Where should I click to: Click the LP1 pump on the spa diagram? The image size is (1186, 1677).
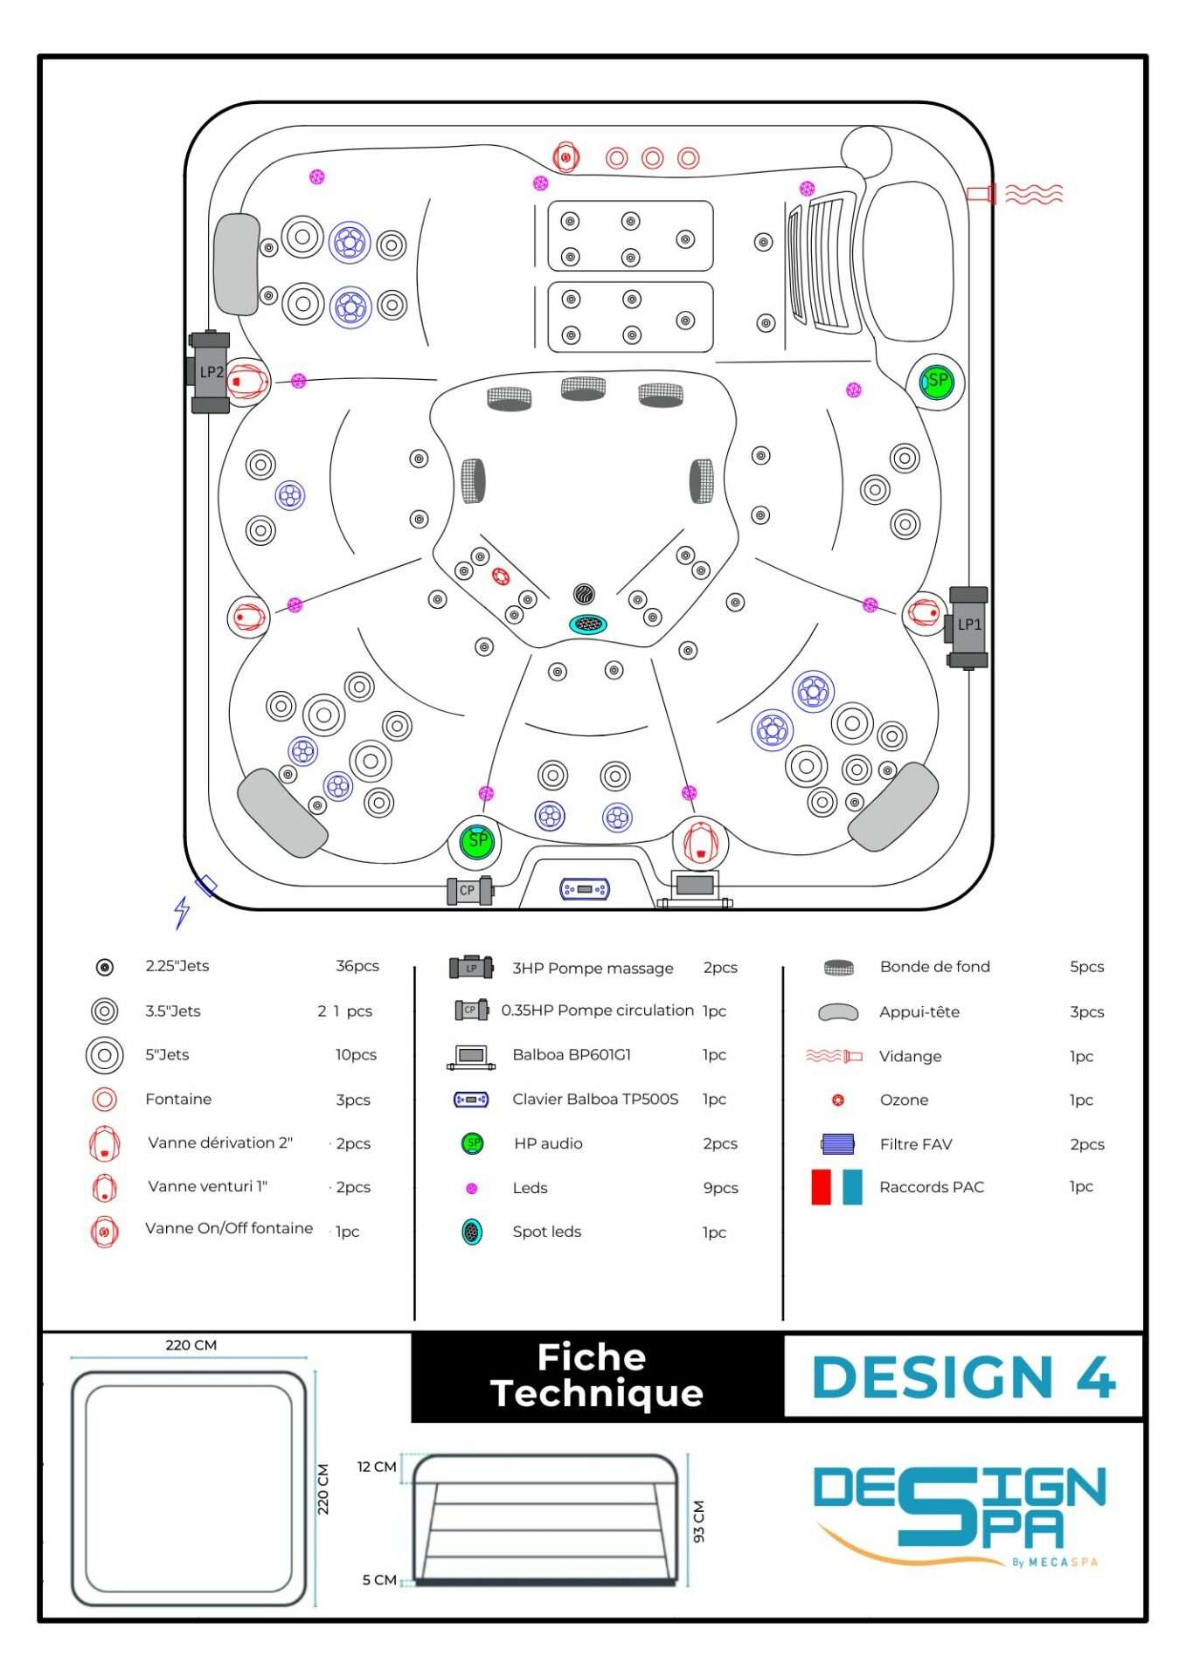968,625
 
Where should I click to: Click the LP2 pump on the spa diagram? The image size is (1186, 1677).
210,372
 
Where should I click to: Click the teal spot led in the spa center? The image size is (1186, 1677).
588,624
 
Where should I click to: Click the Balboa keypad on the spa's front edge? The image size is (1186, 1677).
585,889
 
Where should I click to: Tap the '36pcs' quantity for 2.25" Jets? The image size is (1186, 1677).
357,966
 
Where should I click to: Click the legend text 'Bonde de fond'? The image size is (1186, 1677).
934,967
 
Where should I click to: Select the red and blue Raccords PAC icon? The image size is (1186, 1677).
836,1187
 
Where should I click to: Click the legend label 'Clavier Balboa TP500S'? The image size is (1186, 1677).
595,1099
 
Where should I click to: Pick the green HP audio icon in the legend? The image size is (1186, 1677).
472,1143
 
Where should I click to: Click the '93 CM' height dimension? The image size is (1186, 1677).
698,1521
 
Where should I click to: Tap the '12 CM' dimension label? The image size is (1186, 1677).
377,1467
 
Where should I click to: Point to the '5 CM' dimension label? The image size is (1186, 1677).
378,1579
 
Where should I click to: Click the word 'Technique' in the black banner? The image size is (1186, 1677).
597,1393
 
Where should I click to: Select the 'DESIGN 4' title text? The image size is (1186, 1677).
963,1377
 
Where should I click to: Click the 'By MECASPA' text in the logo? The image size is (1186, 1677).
1054,1562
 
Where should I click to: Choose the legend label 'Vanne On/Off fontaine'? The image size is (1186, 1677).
229,1228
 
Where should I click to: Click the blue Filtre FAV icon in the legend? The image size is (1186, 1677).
837,1143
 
